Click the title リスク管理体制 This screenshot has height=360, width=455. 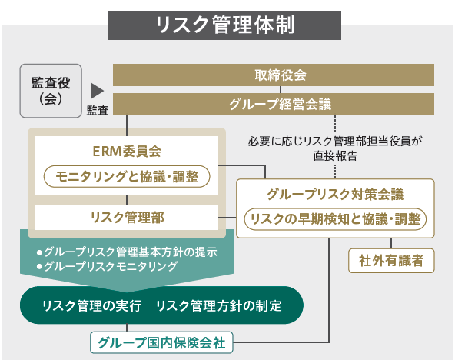pyautogui.click(x=225, y=25)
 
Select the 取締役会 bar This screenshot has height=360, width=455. pyautogui.click(x=274, y=75)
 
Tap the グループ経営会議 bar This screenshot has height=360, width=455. pyautogui.click(x=274, y=104)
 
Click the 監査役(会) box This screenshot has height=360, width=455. pyautogui.click(x=51, y=91)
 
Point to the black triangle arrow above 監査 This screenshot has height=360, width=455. pyautogui.click(x=97, y=91)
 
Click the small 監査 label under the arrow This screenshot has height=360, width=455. pyautogui.click(x=98, y=110)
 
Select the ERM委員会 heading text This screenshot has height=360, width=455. pyautogui.click(x=127, y=152)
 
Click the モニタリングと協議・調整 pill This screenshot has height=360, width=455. pyautogui.click(x=127, y=176)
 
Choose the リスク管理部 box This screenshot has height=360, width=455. pyautogui.click(x=127, y=218)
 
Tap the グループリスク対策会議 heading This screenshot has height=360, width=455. pyautogui.click(x=335, y=194)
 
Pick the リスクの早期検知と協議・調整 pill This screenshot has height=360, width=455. pyautogui.click(x=335, y=219)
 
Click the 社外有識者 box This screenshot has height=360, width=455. pyautogui.click(x=391, y=261)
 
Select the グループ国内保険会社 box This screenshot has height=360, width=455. pyautogui.click(x=161, y=342)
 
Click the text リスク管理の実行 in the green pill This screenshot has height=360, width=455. pyautogui.click(x=92, y=305)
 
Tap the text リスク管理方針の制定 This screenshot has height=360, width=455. pyautogui.click(x=219, y=305)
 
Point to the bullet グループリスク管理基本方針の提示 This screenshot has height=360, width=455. pyautogui.click(x=127, y=252)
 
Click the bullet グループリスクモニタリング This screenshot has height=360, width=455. pyautogui.click(x=107, y=266)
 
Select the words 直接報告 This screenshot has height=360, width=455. pyautogui.click(x=335, y=156)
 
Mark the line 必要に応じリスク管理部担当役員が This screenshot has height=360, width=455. pyautogui.click(x=335, y=142)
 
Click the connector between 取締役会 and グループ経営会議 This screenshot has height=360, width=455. pyautogui.click(x=281, y=90)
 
